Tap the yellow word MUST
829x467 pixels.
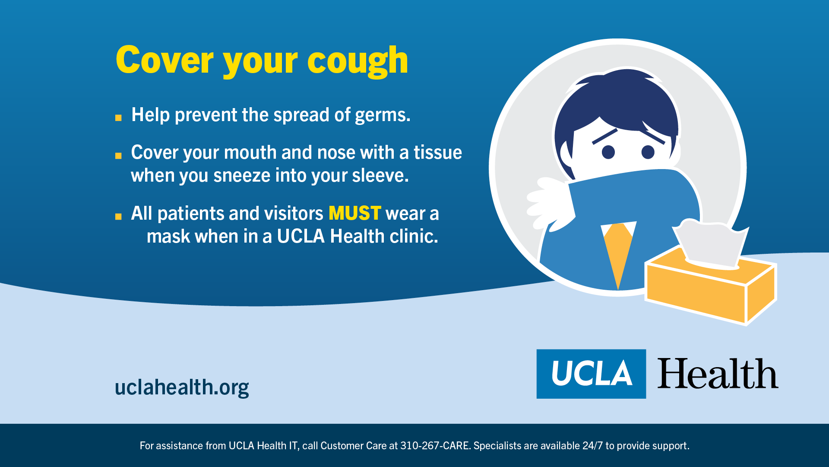click(x=355, y=213)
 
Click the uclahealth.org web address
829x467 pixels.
click(x=182, y=387)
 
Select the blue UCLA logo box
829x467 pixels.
click(x=591, y=374)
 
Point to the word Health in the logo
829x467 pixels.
click(x=718, y=374)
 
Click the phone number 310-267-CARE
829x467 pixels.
click(x=435, y=446)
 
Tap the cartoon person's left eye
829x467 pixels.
click(x=608, y=152)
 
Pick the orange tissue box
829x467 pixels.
click(x=710, y=288)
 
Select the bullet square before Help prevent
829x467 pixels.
click(x=118, y=118)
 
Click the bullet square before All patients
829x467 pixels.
click(x=118, y=217)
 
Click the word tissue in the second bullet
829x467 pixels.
click(x=438, y=152)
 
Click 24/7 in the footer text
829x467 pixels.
click(x=592, y=446)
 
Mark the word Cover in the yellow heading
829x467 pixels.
click(x=165, y=60)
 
